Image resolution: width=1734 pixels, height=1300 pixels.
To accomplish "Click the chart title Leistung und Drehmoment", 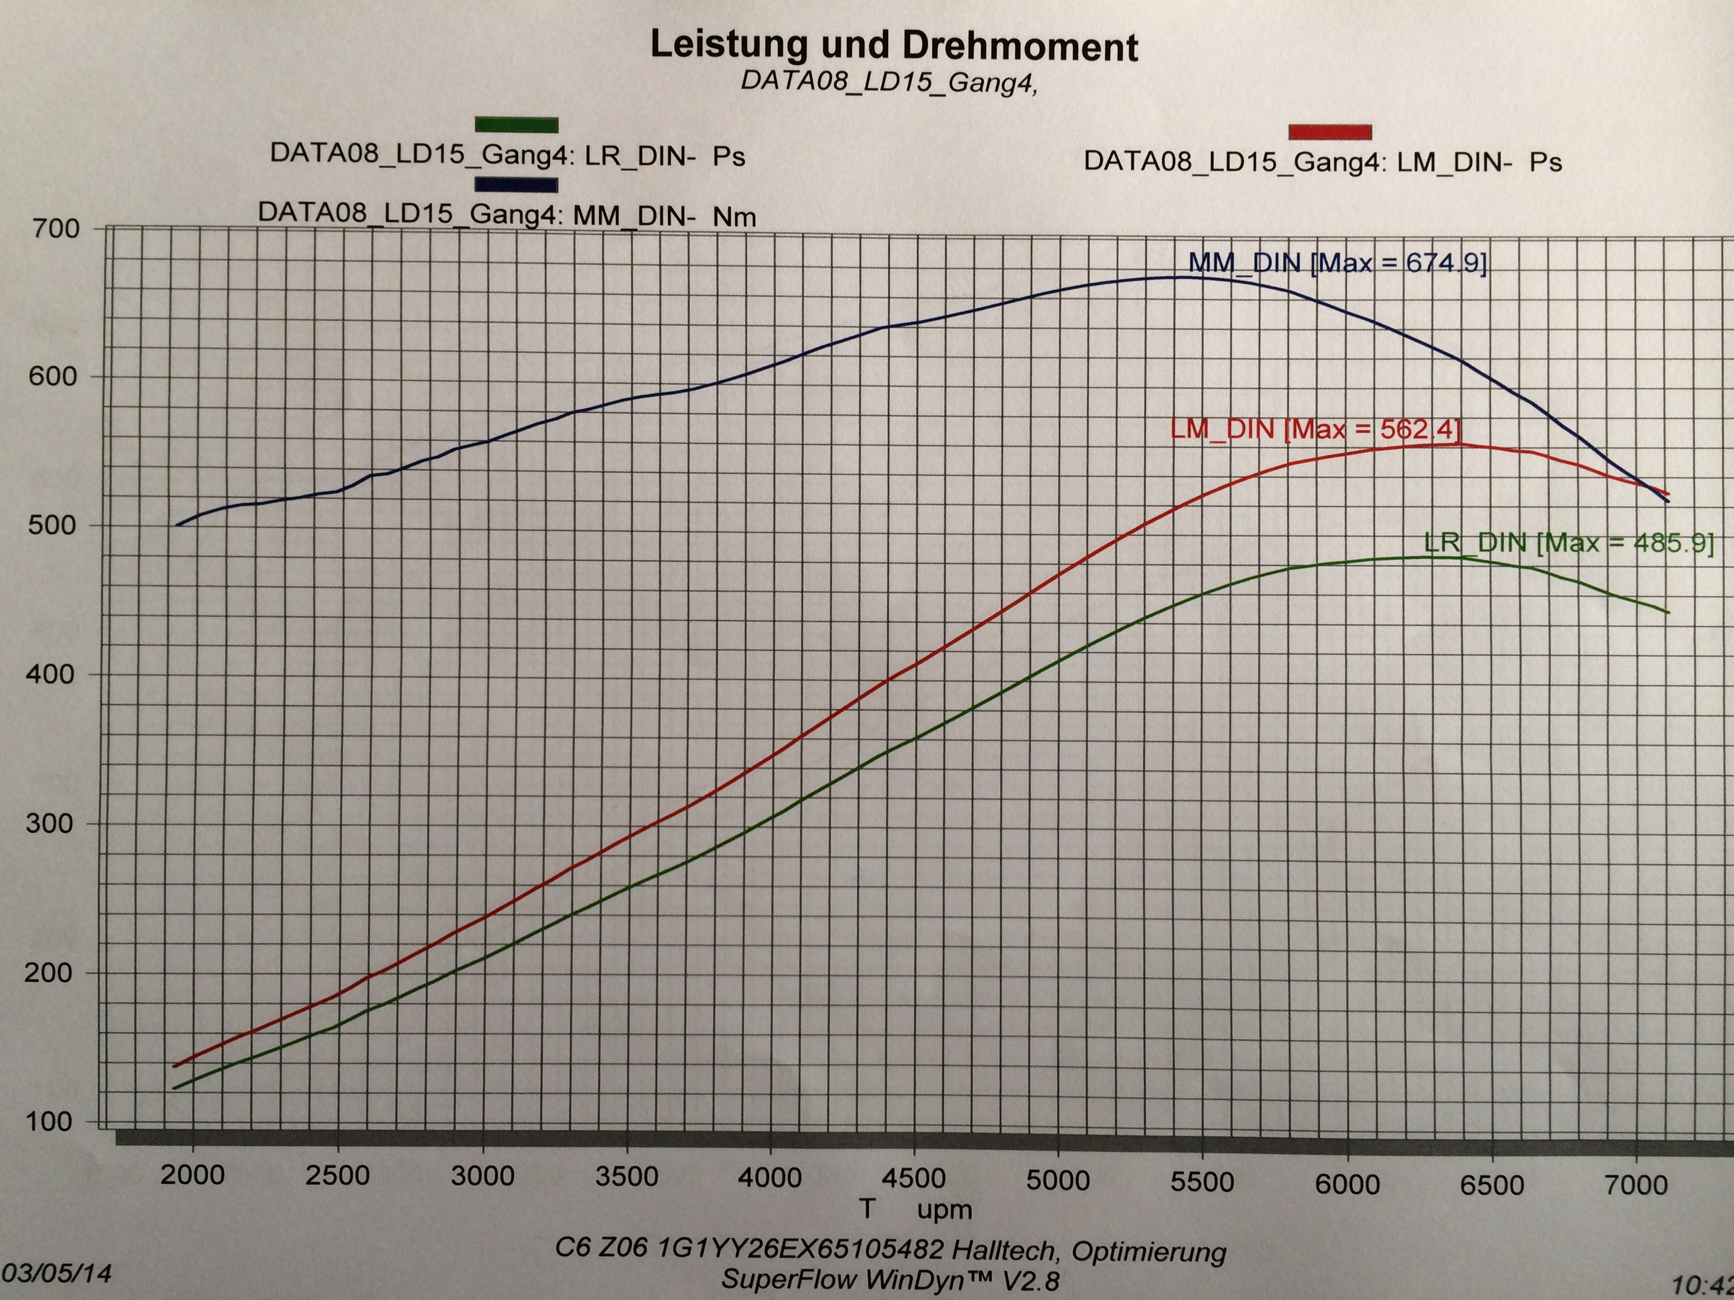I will pos(894,46).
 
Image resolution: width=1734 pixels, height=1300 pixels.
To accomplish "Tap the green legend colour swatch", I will pos(516,125).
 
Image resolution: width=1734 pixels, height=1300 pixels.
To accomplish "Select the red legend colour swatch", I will pos(1330,132).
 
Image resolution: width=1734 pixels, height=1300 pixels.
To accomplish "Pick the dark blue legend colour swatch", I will pos(516,185).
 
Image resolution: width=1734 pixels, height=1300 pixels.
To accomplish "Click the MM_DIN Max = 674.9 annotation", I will pos(1337,262).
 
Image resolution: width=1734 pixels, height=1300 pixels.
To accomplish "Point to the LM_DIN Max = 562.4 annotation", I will pos(1315,430).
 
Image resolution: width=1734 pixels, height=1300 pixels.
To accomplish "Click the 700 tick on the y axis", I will pos(55,229).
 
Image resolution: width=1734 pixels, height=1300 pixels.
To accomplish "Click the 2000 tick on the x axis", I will pos(193,1175).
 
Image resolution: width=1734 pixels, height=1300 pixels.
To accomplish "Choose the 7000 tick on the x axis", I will pos(1636,1185).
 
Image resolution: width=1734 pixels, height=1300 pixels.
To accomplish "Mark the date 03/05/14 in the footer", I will pos(56,1272).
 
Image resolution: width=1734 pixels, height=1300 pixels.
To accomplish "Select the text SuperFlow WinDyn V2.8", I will pos(890,1280).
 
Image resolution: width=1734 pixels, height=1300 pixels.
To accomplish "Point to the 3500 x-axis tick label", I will pos(626,1177).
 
